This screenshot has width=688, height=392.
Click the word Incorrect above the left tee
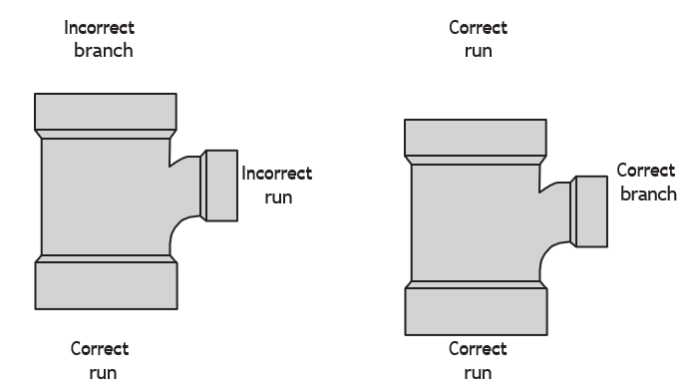pyautogui.click(x=99, y=28)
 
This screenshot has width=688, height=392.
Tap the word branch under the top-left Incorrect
pyautogui.click(x=104, y=51)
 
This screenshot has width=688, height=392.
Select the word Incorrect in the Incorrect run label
pyautogui.click(x=277, y=174)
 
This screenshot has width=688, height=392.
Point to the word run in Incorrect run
pyautogui.click(x=278, y=197)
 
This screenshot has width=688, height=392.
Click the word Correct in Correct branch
pyautogui.click(x=646, y=171)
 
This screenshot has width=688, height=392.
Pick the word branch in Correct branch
pyautogui.click(x=649, y=194)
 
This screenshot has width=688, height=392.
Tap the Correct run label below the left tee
pyautogui.click(x=100, y=361)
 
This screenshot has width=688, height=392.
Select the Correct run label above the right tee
pyautogui.click(x=479, y=39)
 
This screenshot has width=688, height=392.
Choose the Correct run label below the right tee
pyautogui.click(x=478, y=361)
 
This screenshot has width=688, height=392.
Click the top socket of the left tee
pyautogui.click(x=106, y=112)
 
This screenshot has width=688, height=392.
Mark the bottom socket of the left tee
pyautogui.click(x=106, y=285)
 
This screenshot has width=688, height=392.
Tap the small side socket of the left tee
pyautogui.click(x=221, y=186)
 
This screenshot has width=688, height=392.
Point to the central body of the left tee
pyautogui.click(x=106, y=196)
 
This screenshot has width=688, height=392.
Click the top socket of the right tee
pyautogui.click(x=476, y=138)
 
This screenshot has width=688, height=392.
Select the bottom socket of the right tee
pyautogui.click(x=476, y=311)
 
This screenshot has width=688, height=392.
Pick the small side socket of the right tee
pyautogui.click(x=591, y=211)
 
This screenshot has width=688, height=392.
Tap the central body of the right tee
pyautogui.click(x=476, y=222)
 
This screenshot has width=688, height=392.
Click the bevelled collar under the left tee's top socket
pyautogui.click(x=106, y=135)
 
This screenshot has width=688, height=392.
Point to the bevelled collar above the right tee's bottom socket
pyautogui.click(x=476, y=285)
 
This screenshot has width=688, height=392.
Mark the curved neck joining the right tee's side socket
pyautogui.click(x=555, y=212)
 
